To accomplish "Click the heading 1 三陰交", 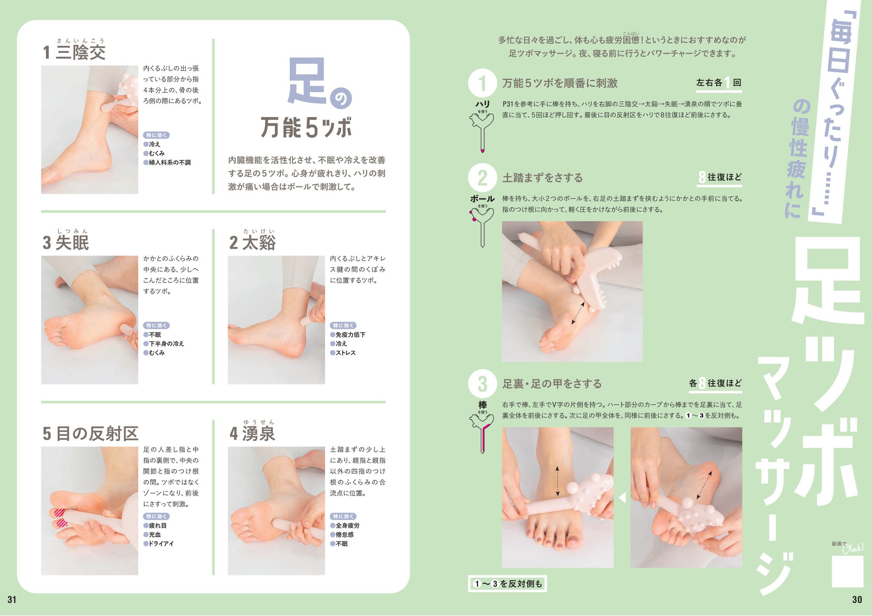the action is (74, 52).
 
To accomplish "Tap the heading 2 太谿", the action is (252, 243).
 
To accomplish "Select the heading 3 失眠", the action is (66, 243).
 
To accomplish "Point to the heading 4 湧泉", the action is (252, 433).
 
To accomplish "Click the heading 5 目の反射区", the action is (90, 433).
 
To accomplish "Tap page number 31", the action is (12, 600).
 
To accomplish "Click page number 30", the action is (857, 600).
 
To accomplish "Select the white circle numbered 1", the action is (482, 83).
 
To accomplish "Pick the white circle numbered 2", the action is (482, 177).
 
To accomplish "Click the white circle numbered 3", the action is (482, 384).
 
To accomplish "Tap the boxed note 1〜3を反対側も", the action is (507, 584).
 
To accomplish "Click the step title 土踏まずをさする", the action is (543, 178).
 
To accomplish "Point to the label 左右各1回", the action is (719, 83).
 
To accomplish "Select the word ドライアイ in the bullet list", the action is (161, 544).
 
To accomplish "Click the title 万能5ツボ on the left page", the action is (306, 127).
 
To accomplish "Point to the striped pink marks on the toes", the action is (61, 518).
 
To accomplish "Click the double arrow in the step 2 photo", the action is (578, 313).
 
